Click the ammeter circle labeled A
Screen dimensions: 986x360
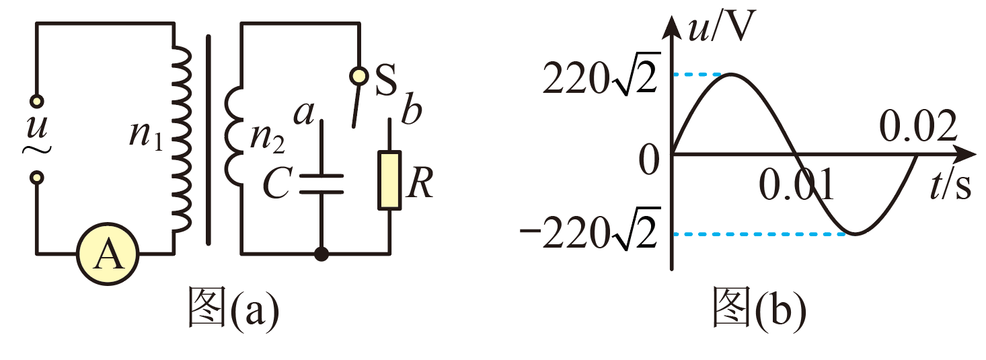click(108, 254)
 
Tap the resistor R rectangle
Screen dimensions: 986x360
click(389, 180)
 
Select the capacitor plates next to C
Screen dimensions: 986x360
click(321, 184)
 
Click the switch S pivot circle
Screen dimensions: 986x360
click(358, 76)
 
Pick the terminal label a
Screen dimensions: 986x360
click(304, 113)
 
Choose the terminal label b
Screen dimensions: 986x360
click(412, 108)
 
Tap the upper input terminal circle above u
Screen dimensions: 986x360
click(37, 102)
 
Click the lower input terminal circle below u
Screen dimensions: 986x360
click(37, 178)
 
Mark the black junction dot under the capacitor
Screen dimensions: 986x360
click(321, 254)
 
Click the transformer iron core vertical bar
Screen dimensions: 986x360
click(208, 140)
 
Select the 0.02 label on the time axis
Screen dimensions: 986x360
click(918, 127)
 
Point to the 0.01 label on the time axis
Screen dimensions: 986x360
click(797, 184)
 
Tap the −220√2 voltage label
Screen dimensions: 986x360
click(590, 229)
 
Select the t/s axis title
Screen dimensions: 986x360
click(950, 185)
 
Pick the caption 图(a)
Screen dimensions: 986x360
click(234, 307)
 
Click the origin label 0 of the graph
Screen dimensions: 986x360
click(649, 160)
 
